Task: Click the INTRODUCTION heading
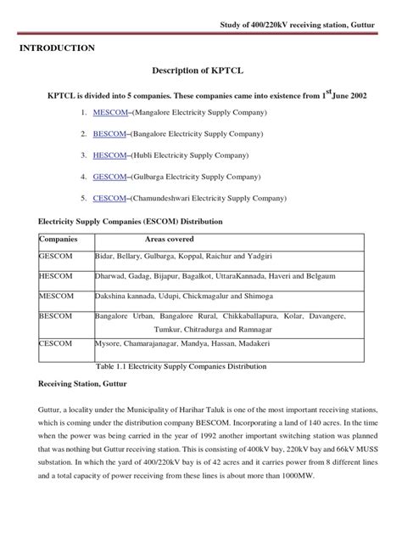pos(58,49)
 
